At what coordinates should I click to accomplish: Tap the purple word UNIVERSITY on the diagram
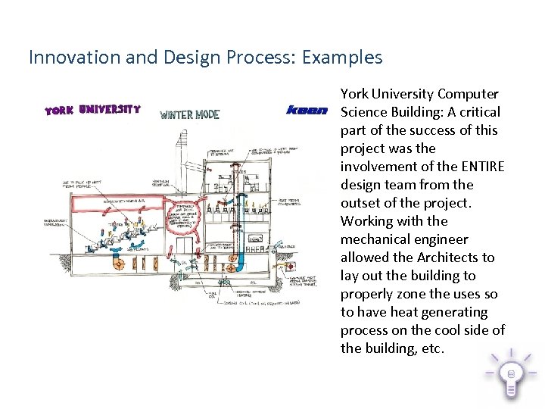[109, 109]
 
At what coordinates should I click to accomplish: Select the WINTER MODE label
[189, 115]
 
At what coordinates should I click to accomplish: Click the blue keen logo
[307, 111]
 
